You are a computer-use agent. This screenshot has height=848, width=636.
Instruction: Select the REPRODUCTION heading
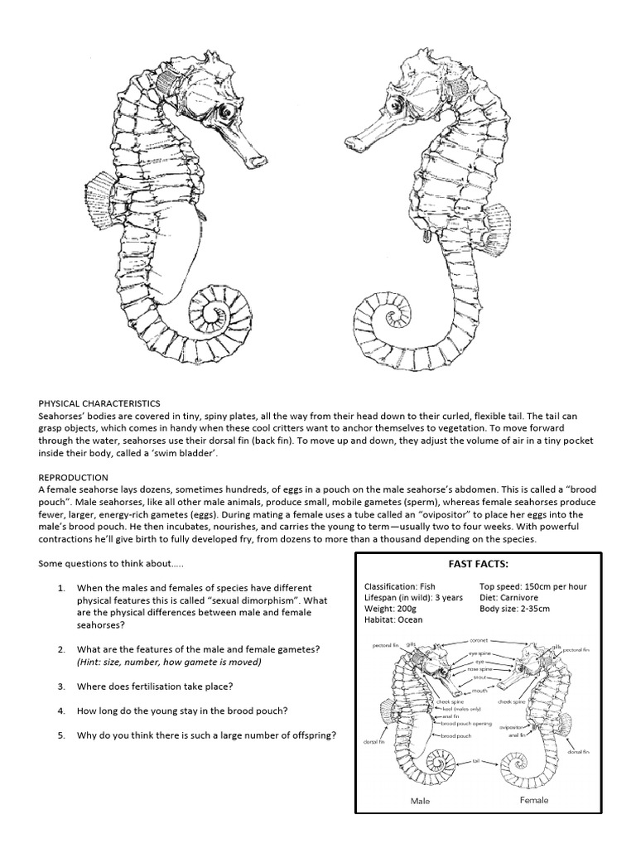[x=74, y=478]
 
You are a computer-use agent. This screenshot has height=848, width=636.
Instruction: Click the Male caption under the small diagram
[x=422, y=802]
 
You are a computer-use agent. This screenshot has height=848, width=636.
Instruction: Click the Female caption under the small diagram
[x=533, y=801]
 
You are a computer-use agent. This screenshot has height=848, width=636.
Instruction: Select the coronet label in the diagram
[x=479, y=639]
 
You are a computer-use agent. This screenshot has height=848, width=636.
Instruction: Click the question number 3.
[x=61, y=687]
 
